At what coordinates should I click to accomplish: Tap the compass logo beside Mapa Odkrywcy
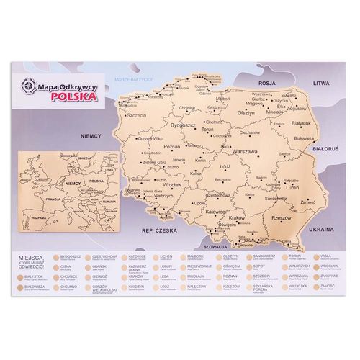point(28,86)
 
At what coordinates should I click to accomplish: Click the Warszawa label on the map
point(244,152)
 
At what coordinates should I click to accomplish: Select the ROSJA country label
point(269,82)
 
